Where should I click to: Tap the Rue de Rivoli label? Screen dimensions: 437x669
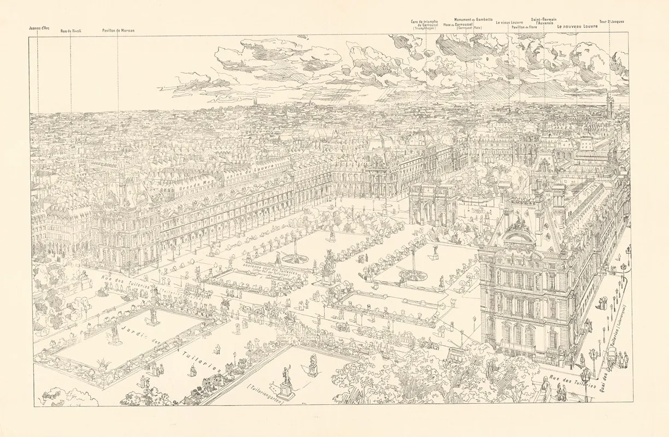[x=71, y=31]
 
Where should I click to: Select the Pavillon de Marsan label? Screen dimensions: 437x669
[x=118, y=31]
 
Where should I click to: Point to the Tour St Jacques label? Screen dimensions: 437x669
[x=611, y=22]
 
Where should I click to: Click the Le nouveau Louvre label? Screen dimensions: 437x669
[x=577, y=26]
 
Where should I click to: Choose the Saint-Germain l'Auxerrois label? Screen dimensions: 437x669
[x=544, y=21]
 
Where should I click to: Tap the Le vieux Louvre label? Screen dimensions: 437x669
[x=509, y=22]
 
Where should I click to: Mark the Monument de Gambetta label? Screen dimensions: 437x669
[x=473, y=19]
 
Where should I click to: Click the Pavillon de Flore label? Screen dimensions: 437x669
[x=525, y=27]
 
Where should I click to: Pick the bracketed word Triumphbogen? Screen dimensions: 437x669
[x=424, y=28]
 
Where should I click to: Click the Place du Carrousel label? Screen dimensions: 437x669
[x=455, y=25]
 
